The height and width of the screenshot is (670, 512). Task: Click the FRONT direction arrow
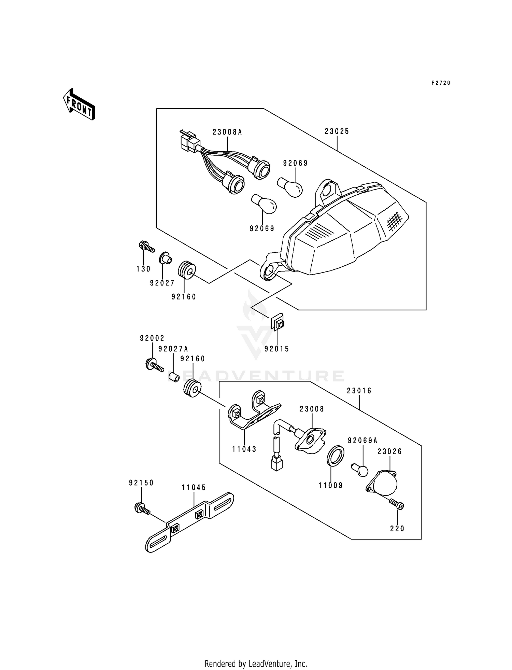(x=79, y=104)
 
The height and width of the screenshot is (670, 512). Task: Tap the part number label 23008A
(x=227, y=132)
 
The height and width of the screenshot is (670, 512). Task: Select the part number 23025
(x=337, y=131)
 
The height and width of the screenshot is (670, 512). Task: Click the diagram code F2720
(x=441, y=83)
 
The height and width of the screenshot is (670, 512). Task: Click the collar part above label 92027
(x=166, y=258)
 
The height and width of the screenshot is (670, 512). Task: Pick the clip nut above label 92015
(x=278, y=322)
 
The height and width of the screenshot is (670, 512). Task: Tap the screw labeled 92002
(x=155, y=364)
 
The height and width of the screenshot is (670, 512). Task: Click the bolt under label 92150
(x=143, y=509)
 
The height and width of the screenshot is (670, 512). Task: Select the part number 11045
(x=194, y=488)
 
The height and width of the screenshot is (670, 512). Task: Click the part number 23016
(x=359, y=391)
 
